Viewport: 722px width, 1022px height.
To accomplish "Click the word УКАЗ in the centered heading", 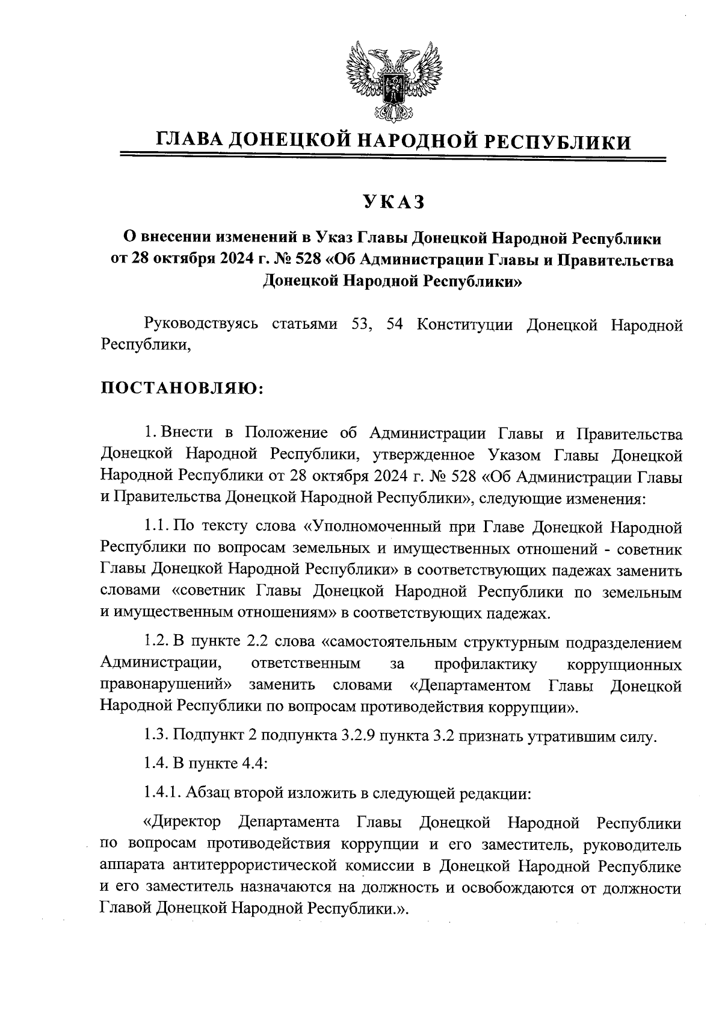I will coord(393,202).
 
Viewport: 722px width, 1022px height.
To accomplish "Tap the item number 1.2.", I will coord(158,643).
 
